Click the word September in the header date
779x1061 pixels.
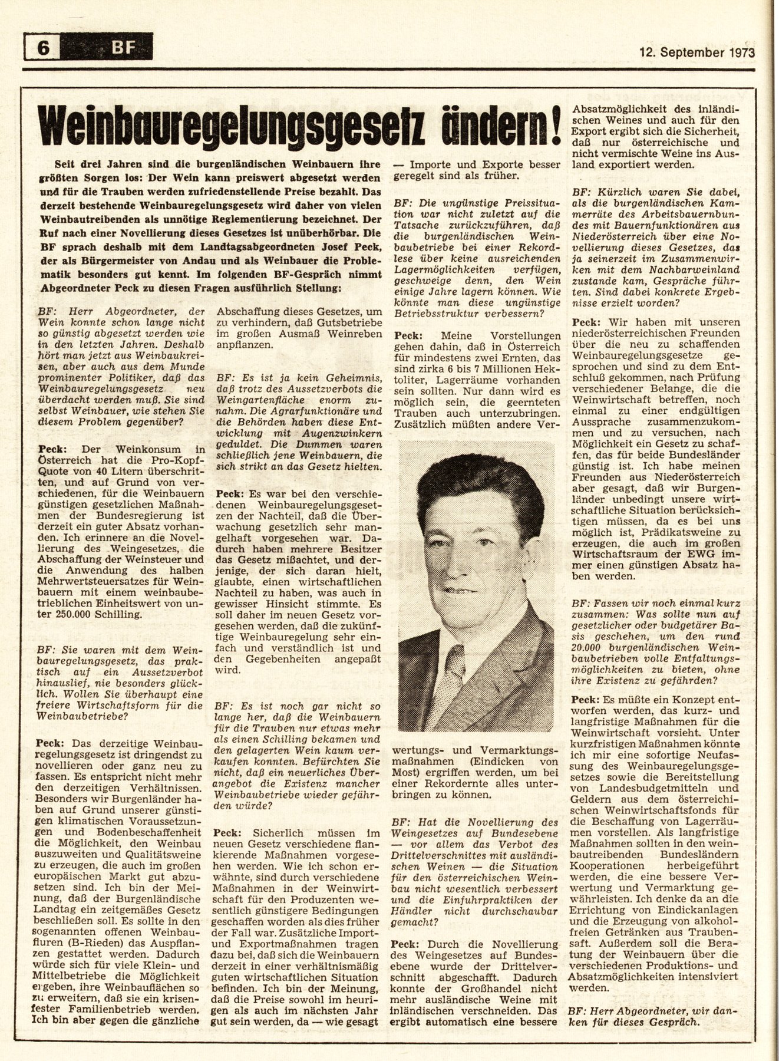[689, 52]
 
